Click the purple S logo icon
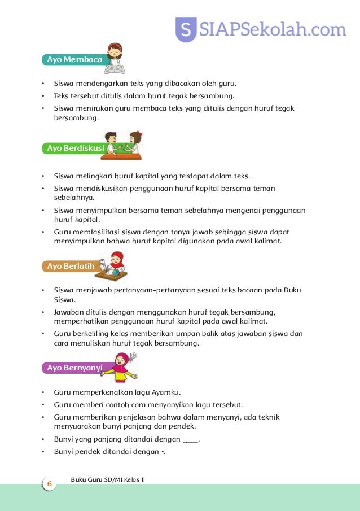tap(186, 29)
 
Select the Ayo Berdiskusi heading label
tap(74, 149)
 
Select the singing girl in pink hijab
tap(121, 367)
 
